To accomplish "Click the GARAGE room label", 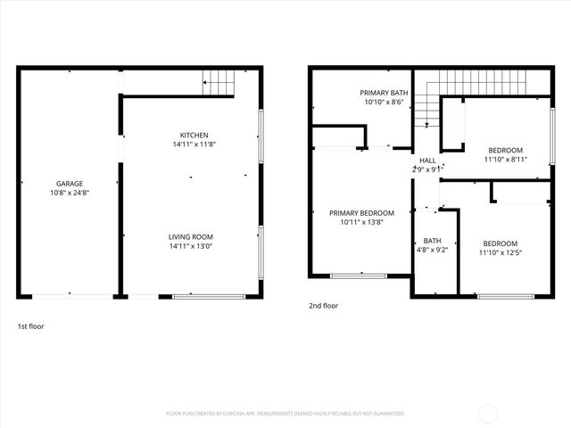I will pos(70,184).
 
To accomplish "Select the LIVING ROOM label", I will pos(191,236).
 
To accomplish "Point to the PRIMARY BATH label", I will pos(384,93).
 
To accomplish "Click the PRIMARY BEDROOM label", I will pos(361,213).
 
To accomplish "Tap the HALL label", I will pos(428,160).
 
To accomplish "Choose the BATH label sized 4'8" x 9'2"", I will pos(433,241).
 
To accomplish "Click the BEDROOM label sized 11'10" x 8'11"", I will pos(505,150).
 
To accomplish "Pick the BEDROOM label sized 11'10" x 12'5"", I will pos(501,244).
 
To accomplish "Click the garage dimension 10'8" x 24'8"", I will pos(70,193).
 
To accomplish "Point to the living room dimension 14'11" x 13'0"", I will pos(191,246).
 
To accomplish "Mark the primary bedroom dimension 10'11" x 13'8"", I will pos(361,222).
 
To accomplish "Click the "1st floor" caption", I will pos(30,326).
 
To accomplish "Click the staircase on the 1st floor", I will pos(219,81).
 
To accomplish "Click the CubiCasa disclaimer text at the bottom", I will pos(285,414).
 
